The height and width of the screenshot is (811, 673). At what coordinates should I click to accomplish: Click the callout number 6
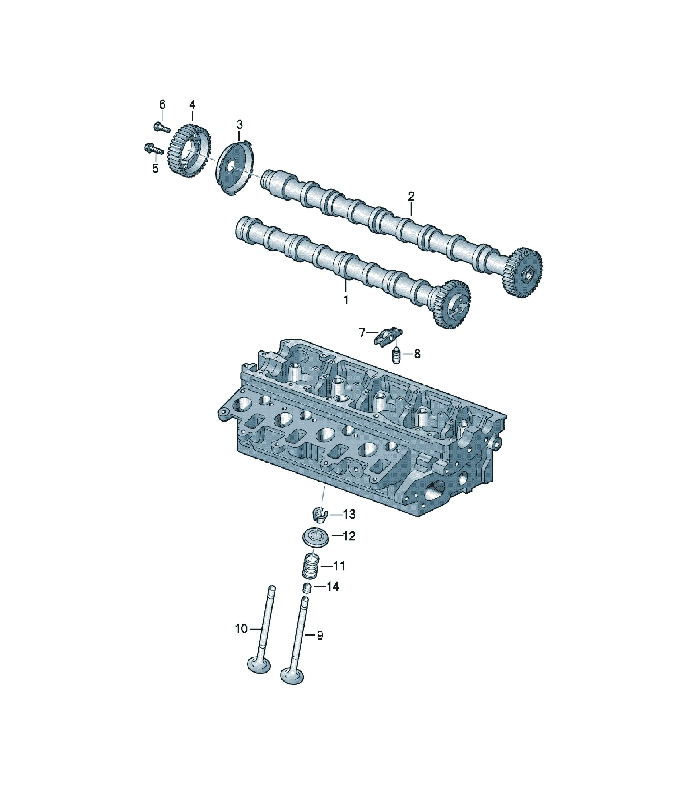point(162,104)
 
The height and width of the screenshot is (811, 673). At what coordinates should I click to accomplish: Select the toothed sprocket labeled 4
point(190,151)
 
